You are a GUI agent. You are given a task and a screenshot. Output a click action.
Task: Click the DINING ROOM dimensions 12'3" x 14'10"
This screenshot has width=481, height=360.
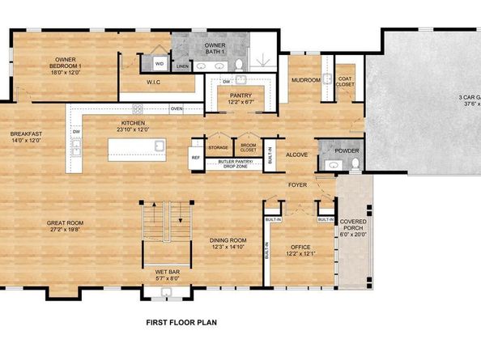[x=228, y=248]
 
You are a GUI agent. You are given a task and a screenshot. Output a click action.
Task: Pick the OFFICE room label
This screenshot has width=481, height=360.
[x=300, y=247]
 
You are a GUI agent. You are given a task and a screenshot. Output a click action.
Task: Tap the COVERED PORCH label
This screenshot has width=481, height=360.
[x=353, y=225]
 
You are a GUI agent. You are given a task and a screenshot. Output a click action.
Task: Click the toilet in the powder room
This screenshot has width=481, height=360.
[x=354, y=165]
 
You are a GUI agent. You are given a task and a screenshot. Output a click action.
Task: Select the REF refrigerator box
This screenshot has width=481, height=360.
[x=195, y=158]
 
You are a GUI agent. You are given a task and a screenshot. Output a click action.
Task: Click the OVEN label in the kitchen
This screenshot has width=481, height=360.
[x=176, y=108]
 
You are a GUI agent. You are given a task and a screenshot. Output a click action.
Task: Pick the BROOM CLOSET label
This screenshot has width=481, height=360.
[x=248, y=147]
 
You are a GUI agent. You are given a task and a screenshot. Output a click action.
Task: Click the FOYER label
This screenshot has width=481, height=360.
[x=298, y=185]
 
